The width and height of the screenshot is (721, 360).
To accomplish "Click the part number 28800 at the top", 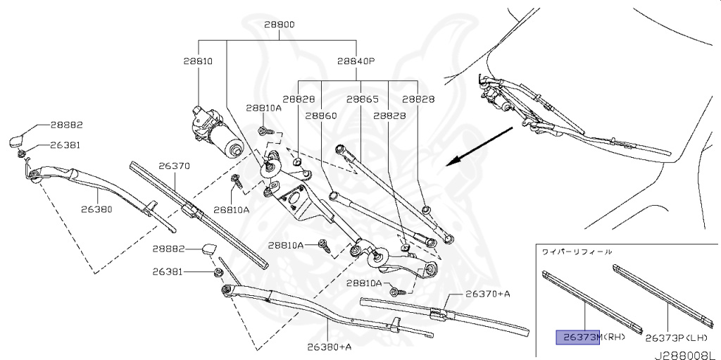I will click(279, 24).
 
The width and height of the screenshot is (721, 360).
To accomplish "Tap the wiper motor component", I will click(218, 131).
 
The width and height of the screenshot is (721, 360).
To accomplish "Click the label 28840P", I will click(355, 61).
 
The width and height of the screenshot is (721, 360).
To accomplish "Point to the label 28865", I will click(362, 99).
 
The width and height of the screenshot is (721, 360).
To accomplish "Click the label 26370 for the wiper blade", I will click(174, 166).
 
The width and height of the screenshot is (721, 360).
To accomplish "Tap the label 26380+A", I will click(329, 347).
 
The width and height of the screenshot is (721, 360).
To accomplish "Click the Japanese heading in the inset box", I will click(576, 252).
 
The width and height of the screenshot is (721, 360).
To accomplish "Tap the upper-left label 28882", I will click(66, 125).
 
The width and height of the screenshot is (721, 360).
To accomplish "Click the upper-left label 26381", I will click(65, 145).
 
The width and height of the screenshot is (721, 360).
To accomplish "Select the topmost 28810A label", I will click(263, 108).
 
